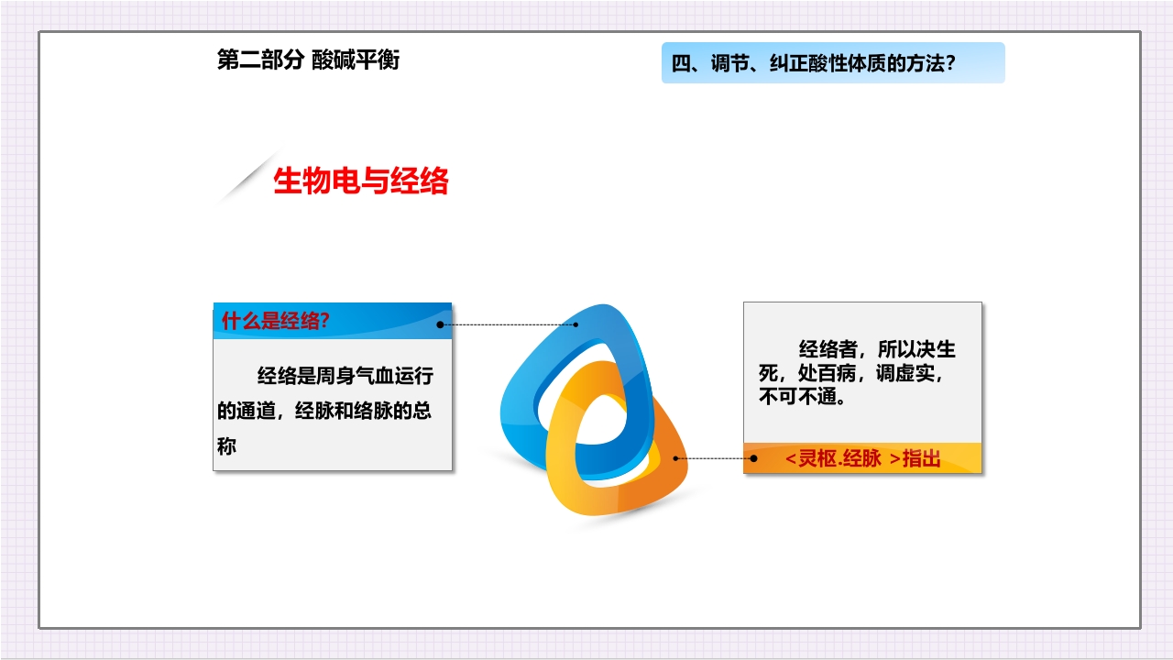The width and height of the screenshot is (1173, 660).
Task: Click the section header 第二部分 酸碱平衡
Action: [308, 60]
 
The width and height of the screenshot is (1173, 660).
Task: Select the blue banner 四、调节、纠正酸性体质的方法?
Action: [832, 63]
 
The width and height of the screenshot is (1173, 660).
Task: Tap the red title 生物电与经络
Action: [361, 181]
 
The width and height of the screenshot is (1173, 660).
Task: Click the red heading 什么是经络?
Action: [276, 321]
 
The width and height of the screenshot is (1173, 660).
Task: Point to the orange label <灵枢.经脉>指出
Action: [862, 458]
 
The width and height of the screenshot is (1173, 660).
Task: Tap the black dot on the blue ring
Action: [576, 324]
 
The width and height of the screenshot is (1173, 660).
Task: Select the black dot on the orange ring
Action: [676, 457]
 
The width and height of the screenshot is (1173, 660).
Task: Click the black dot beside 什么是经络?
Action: [441, 324]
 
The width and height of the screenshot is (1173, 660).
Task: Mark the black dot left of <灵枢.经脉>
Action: [753, 457]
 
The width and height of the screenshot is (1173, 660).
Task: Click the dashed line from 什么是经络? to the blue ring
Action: [509, 324]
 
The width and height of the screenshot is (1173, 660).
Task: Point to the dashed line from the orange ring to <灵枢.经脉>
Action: [715, 457]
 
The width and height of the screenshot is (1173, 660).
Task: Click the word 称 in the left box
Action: [226, 447]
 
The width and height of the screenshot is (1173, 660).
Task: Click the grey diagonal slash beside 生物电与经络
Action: [246, 179]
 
